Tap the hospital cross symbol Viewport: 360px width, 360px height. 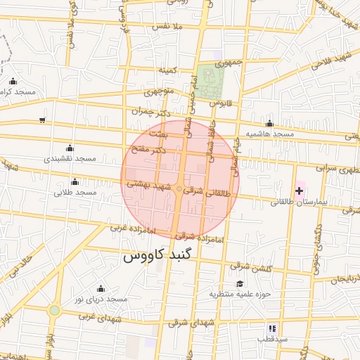300,191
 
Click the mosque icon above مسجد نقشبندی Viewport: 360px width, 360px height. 69,148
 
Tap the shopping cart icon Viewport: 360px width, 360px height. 43,120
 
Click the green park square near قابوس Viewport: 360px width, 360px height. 209,82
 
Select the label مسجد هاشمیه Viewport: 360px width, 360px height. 269,133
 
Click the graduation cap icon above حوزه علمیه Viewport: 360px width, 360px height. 239,283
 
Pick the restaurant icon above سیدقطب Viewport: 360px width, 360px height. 271,328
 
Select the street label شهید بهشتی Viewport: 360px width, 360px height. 149,185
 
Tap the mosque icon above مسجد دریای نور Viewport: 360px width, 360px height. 100,288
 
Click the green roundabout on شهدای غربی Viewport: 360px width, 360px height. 54,309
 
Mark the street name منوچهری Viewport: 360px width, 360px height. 158,91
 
